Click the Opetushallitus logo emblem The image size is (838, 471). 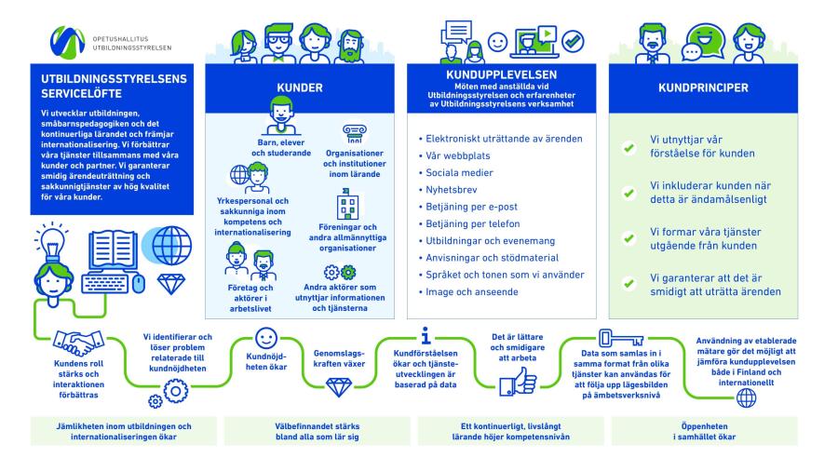pyautogui.click(x=67, y=42)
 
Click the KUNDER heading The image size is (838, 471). pyautogui.click(x=299, y=87)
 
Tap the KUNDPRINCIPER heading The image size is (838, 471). pyautogui.click(x=703, y=87)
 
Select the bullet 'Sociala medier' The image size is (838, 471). pyautogui.click(x=456, y=172)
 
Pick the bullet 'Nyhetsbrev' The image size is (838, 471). pyautogui.click(x=448, y=190)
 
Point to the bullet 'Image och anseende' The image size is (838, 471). pyautogui.click(x=468, y=291)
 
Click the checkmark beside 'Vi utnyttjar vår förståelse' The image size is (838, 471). pyautogui.click(x=629, y=147)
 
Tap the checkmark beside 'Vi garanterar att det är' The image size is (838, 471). pyautogui.click(x=629, y=284)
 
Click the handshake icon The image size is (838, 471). pyautogui.click(x=78, y=343)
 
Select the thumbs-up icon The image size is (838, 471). pyautogui.click(x=518, y=382)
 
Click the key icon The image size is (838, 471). pyautogui.click(x=620, y=338)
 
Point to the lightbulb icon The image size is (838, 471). pyautogui.click(x=51, y=241)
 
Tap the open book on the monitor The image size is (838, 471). pyautogui.click(x=113, y=249)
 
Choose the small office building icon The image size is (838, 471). pyautogui.click(x=347, y=205)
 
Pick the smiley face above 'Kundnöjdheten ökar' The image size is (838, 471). pyautogui.click(x=266, y=338)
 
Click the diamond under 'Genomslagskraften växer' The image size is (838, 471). pyautogui.click(x=339, y=387)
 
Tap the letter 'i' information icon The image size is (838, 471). pyautogui.click(x=426, y=335)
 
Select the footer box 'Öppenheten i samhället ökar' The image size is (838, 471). pyautogui.click(x=705, y=431)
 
